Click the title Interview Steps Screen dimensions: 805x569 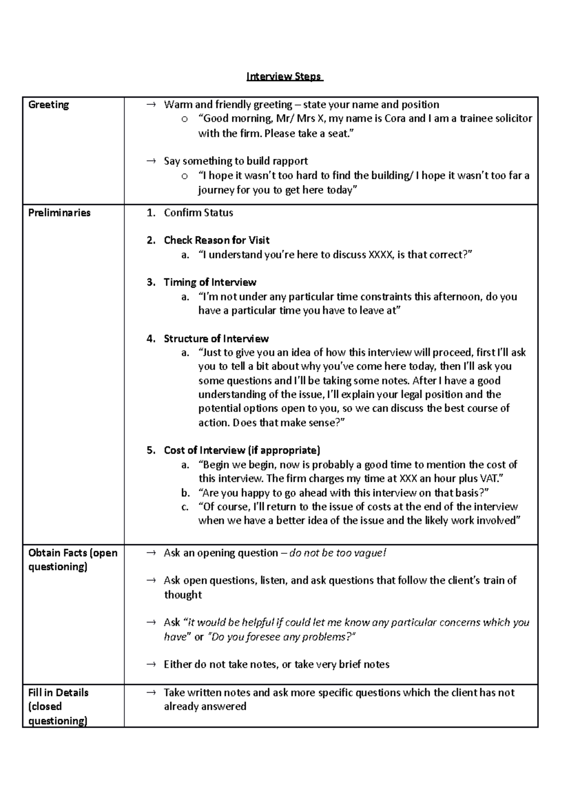point(284,76)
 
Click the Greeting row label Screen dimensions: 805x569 point(48,105)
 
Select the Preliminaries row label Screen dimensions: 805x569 point(59,212)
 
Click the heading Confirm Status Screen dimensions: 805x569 point(198,212)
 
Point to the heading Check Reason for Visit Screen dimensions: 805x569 point(216,240)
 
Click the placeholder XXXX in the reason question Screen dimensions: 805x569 point(380,255)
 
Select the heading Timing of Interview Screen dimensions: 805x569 point(210,283)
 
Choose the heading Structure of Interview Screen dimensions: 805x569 point(216,338)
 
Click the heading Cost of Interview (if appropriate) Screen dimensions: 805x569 point(242,450)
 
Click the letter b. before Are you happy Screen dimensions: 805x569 point(185,493)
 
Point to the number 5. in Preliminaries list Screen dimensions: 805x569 point(151,450)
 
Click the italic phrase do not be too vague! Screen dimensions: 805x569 point(338,553)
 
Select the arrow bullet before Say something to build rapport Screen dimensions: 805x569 point(151,161)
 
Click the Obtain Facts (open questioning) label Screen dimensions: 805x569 point(73,559)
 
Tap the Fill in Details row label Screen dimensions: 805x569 point(58,706)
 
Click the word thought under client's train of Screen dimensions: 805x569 point(183,595)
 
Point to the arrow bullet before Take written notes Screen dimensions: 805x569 point(151,693)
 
